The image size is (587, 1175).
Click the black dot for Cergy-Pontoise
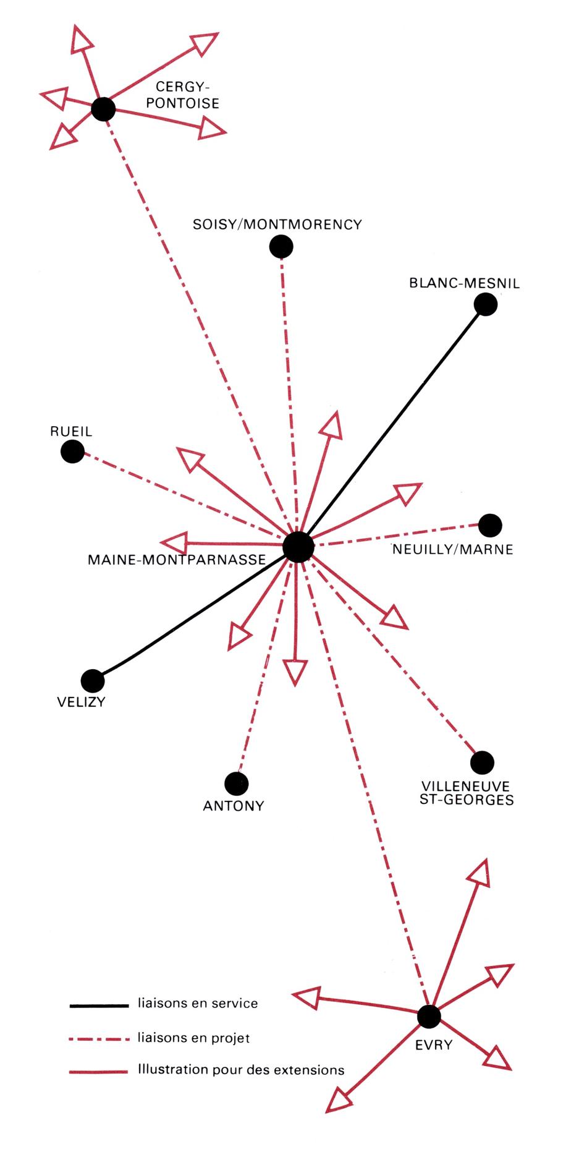(103, 109)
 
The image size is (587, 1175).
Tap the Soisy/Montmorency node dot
(281, 247)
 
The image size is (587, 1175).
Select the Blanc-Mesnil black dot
(486, 304)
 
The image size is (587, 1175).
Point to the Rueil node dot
(72, 451)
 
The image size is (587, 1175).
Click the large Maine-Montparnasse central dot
(298, 547)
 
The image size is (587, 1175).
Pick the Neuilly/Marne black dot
(490, 526)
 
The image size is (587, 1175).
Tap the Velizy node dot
(93, 681)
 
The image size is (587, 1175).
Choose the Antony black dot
(236, 784)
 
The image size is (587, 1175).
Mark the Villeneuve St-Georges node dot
(482, 763)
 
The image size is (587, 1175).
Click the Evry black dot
(429, 1016)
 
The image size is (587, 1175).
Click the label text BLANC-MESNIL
(464, 283)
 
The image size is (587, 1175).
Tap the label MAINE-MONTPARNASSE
(177, 560)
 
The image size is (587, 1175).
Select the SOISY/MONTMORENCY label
(277, 224)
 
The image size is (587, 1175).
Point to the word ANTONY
(234, 806)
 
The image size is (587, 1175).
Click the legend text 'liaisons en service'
(198, 1003)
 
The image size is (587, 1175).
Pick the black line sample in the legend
(99, 1006)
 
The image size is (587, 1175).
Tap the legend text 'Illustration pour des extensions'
(241, 1069)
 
